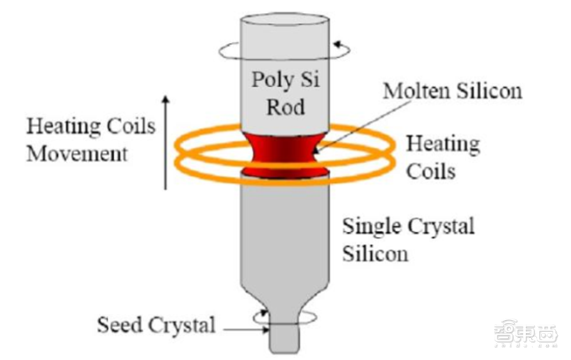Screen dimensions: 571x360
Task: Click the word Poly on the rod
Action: pyautogui.click(x=273, y=80)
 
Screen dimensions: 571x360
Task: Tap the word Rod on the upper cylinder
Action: pyautogui.click(x=285, y=107)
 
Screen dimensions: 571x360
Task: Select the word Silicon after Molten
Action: pyautogui.click(x=490, y=91)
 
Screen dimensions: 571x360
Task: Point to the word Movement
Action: pyautogui.click(x=77, y=154)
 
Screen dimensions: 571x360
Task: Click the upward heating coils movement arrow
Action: pyautogui.click(x=166, y=142)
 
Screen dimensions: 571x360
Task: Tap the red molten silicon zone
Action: pyautogui.click(x=286, y=156)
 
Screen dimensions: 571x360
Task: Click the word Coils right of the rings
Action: pyautogui.click(x=431, y=171)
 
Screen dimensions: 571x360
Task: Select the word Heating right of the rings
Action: pyautogui.click(x=443, y=144)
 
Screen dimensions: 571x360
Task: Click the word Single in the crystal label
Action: pyautogui.click(x=372, y=226)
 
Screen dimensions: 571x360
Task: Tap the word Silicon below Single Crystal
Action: pyautogui.click(x=375, y=254)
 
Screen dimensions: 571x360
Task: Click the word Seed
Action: pyautogui.click(x=119, y=324)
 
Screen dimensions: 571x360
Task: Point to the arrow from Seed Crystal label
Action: pyautogui.click(x=246, y=330)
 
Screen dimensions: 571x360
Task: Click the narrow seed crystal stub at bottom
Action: pyautogui.click(x=284, y=339)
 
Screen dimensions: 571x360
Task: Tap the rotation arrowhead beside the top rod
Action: pyautogui.click(x=338, y=45)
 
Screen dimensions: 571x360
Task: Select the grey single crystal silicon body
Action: pyautogui.click(x=285, y=237)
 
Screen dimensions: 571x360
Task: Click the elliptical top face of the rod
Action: pyautogui.click(x=285, y=19)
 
